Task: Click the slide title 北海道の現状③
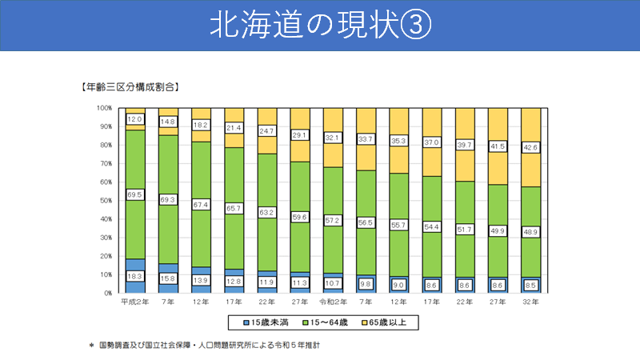tap(320, 25)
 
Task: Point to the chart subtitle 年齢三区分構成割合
tap(128, 86)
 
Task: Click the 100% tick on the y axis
tap(104, 108)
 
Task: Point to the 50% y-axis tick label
tap(106, 201)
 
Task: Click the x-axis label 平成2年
tap(134, 302)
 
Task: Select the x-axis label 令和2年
tap(333, 302)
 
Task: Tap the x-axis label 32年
tap(530, 302)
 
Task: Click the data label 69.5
tap(135, 194)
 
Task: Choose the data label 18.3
tap(135, 276)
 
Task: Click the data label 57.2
tap(333, 218)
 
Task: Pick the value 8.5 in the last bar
tap(530, 283)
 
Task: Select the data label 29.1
tap(300, 135)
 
